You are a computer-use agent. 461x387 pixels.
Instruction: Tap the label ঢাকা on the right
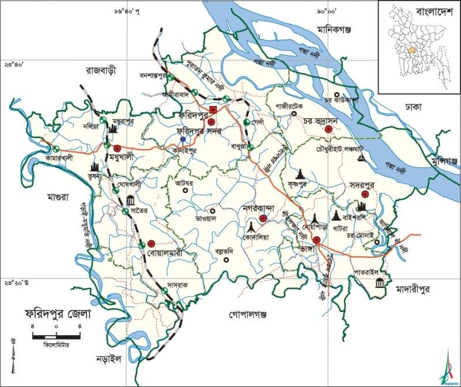point(413,107)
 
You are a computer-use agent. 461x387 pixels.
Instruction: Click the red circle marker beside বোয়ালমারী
point(152,244)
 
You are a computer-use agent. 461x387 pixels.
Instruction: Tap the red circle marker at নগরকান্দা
point(262,218)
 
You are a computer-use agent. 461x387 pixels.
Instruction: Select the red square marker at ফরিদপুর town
point(213,109)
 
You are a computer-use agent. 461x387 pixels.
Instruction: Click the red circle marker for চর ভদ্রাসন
point(329,130)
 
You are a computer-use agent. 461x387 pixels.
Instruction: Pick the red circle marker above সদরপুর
point(365,195)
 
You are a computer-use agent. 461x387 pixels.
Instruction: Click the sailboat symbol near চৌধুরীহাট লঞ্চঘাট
point(361,157)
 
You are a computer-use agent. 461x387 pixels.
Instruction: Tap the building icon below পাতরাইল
point(380,283)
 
